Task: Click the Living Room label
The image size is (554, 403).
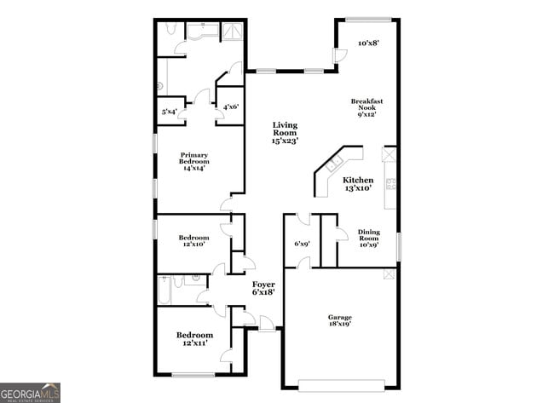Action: pos(285,129)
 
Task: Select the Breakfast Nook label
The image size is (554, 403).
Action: pos(367,105)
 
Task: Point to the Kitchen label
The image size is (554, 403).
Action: pos(358,181)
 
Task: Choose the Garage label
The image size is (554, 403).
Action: pos(339,317)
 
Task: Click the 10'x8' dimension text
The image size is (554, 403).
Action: pos(368,43)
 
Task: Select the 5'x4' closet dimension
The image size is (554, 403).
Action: pos(170,112)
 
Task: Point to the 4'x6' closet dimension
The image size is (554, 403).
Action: pos(231,107)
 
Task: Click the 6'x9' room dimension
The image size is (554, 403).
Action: pos(302,244)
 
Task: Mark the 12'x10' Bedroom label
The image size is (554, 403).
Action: pos(193,241)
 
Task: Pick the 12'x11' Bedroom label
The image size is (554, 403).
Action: pos(194,339)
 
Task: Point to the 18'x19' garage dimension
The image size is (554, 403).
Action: pos(339,324)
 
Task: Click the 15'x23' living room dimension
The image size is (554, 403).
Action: pos(285,140)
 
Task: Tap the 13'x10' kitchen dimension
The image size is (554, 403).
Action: pos(358,188)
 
